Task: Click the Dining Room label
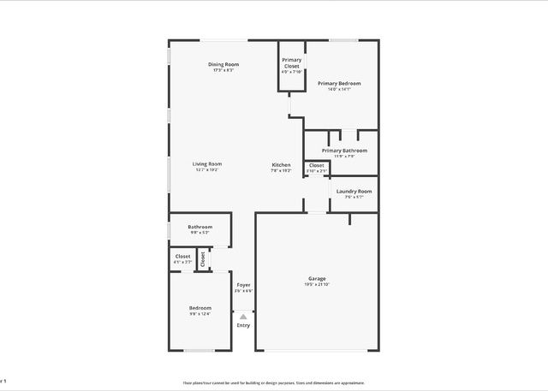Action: pyautogui.click(x=223, y=65)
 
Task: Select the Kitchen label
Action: pyautogui.click(x=282, y=165)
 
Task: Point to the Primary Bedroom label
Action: pyautogui.click(x=339, y=84)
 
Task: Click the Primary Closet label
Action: pyautogui.click(x=291, y=62)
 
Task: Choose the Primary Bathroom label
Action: pyautogui.click(x=338, y=151)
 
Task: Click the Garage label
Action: pyautogui.click(x=318, y=279)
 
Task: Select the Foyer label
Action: pyautogui.click(x=244, y=286)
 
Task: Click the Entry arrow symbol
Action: pyautogui.click(x=244, y=316)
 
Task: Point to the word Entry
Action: pyautogui.click(x=244, y=325)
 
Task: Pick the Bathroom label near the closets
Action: pyautogui.click(x=200, y=227)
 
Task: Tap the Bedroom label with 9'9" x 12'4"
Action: pyautogui.click(x=200, y=308)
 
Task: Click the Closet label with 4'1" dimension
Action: pyautogui.click(x=183, y=256)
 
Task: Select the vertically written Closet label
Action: pyautogui.click(x=203, y=259)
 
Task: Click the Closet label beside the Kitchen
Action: pyautogui.click(x=317, y=165)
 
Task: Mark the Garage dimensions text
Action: pyautogui.click(x=318, y=285)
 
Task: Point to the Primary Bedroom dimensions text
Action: pyautogui.click(x=339, y=89)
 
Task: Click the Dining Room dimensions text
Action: pyautogui.click(x=223, y=70)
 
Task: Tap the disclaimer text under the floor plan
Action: pyautogui.click(x=274, y=382)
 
